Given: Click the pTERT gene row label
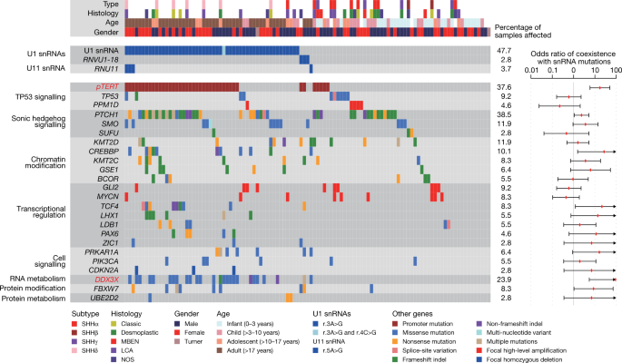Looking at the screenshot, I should point(110,87).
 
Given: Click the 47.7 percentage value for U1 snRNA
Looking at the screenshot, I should point(503,48).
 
